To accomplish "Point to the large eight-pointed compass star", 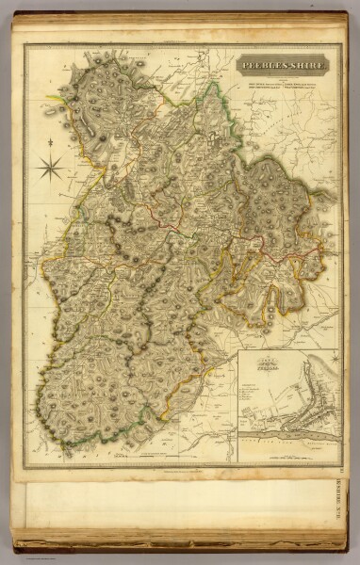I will pos(52,169).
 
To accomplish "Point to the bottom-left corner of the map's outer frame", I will pos(25,468).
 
